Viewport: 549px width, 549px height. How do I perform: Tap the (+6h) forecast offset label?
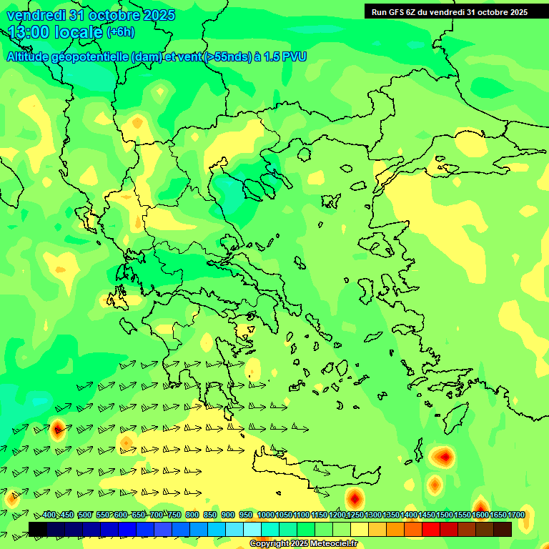(120, 32)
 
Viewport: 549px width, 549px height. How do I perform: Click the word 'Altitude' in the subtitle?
(31, 57)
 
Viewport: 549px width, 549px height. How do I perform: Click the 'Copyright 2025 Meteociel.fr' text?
(302, 544)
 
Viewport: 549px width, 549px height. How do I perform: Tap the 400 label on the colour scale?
(49, 515)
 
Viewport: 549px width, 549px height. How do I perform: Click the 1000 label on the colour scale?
(265, 515)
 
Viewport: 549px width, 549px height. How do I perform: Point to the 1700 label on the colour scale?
(516, 515)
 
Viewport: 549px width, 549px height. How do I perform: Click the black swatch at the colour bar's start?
(38, 529)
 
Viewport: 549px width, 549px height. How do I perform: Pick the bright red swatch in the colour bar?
(431, 529)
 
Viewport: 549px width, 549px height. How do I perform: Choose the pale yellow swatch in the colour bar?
(360, 529)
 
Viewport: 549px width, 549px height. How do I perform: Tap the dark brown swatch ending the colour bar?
(503, 529)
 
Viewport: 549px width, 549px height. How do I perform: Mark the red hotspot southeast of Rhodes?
(444, 455)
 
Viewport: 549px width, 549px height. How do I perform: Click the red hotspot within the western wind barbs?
(58, 429)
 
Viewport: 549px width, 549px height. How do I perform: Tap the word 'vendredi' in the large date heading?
(34, 15)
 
